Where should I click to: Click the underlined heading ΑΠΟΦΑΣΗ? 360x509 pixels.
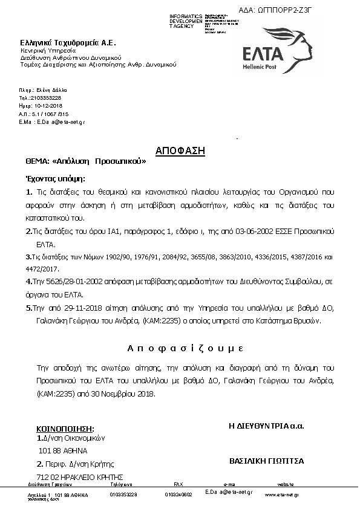pyautogui.click(x=180, y=151)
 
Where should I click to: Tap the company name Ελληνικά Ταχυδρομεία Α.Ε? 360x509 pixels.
pyautogui.click(x=68, y=43)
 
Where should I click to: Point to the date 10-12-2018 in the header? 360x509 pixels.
pyautogui.click(x=41, y=105)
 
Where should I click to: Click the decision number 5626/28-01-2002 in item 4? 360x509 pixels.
pyautogui.click(x=74, y=282)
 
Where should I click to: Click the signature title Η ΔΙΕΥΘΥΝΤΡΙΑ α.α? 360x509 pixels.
pyautogui.click(x=266, y=426)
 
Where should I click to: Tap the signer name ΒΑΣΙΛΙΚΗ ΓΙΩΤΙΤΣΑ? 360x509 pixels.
pyautogui.click(x=266, y=461)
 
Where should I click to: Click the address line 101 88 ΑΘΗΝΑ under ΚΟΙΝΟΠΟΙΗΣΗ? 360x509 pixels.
pyautogui.click(x=62, y=450)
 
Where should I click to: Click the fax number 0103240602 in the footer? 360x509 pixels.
pyautogui.click(x=178, y=494)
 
